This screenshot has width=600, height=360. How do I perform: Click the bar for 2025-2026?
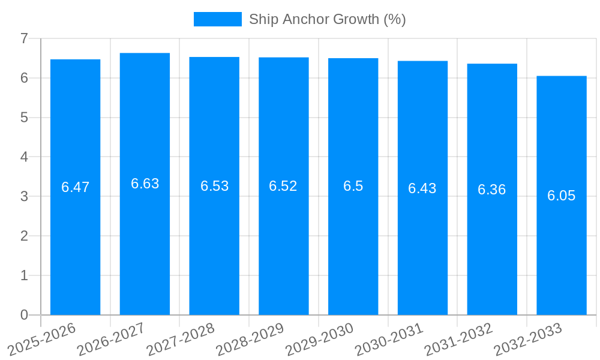click(75, 240)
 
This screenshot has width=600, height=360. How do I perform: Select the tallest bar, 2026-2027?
click(145, 240)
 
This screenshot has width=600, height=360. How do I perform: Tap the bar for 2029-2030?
click(353, 240)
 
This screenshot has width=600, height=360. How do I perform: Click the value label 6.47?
click(75, 187)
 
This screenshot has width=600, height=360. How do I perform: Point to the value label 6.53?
click(214, 186)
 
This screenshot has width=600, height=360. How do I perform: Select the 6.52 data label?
click(283, 186)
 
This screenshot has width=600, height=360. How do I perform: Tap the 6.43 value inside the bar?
click(422, 188)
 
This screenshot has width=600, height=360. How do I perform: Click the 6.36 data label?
click(492, 190)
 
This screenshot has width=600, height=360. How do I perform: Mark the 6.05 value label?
click(561, 196)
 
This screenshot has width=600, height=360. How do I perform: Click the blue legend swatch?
click(217, 19)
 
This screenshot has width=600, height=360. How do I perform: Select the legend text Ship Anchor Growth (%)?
click(328, 19)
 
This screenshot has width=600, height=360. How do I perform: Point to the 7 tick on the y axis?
click(24, 39)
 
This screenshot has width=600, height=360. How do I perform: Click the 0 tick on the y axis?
click(24, 315)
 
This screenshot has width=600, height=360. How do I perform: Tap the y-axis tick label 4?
click(24, 157)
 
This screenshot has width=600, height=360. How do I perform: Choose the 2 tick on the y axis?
click(24, 236)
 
